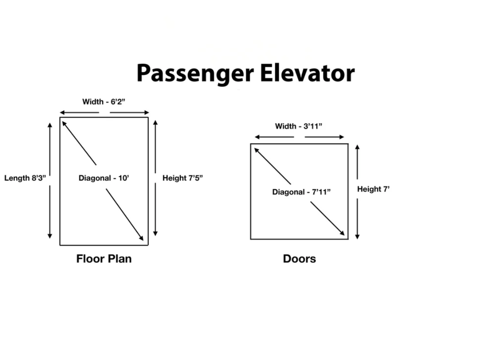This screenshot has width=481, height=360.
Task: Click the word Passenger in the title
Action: coord(195,74)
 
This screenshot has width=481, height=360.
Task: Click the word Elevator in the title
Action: coord(307,73)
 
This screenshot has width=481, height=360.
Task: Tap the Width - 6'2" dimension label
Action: coord(104,102)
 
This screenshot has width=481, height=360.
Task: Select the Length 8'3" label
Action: coord(25,178)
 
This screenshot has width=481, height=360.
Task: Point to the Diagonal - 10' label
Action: coord(104,178)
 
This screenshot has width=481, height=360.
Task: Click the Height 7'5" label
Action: coord(182,178)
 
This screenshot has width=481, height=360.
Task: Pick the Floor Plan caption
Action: coord(104,259)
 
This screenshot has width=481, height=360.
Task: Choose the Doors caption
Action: coord(299,259)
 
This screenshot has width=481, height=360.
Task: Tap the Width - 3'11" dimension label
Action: coord(299,126)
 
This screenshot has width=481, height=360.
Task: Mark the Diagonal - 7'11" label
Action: coord(301,192)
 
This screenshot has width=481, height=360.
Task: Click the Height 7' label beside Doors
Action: coord(373,189)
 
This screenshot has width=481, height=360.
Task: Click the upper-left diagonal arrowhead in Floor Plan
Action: coord(64,123)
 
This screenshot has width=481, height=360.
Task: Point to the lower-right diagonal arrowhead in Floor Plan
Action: coord(141,238)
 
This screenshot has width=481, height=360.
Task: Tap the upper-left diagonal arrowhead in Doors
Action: coord(257,150)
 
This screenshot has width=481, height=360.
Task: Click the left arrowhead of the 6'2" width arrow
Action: coord(62,113)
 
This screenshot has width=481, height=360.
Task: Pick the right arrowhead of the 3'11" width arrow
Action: coord(342,137)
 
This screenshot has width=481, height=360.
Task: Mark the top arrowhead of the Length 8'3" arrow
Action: coord(50,125)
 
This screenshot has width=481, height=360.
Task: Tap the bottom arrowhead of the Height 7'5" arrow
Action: coord(155,233)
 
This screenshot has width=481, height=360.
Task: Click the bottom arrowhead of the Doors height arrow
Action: coord(357,237)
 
